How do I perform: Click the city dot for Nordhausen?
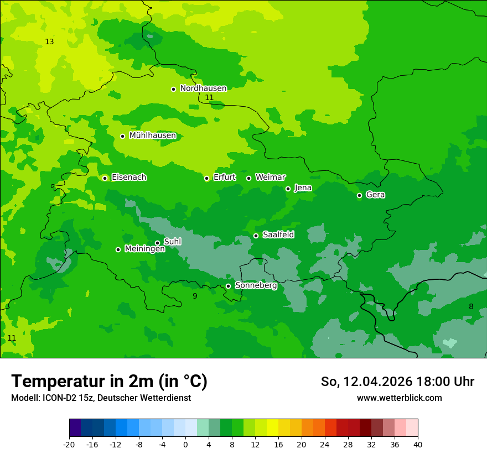tap(173, 89)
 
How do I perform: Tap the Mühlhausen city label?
tap(152, 135)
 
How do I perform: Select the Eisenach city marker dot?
tap(105, 178)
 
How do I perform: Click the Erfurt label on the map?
tap(224, 178)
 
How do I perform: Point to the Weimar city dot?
tap(248, 178)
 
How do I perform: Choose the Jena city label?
tap(303, 188)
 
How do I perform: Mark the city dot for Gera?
tap(359, 195)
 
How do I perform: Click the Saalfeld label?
tap(278, 235)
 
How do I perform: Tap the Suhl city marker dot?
tap(157, 243)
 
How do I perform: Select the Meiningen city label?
tap(144, 249)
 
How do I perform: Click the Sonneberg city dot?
tap(228, 286)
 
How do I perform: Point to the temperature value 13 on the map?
tap(49, 42)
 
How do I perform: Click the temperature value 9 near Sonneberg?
tap(194, 296)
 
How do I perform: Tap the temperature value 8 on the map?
tap(471, 307)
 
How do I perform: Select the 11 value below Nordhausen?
tap(209, 98)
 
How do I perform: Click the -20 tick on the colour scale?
tap(69, 444)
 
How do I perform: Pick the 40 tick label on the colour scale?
tap(417, 444)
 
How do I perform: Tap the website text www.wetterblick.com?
tap(399, 398)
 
